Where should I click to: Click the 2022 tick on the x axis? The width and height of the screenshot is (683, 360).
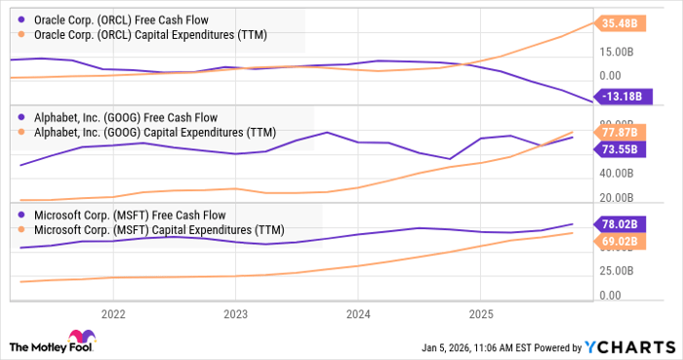(x=114, y=314)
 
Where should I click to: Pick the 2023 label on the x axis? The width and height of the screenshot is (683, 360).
(x=235, y=314)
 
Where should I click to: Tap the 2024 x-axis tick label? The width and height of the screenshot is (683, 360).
(x=358, y=314)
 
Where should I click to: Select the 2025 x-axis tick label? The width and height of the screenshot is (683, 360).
(x=480, y=314)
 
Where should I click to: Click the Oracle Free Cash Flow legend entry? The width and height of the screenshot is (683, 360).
(x=121, y=19)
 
